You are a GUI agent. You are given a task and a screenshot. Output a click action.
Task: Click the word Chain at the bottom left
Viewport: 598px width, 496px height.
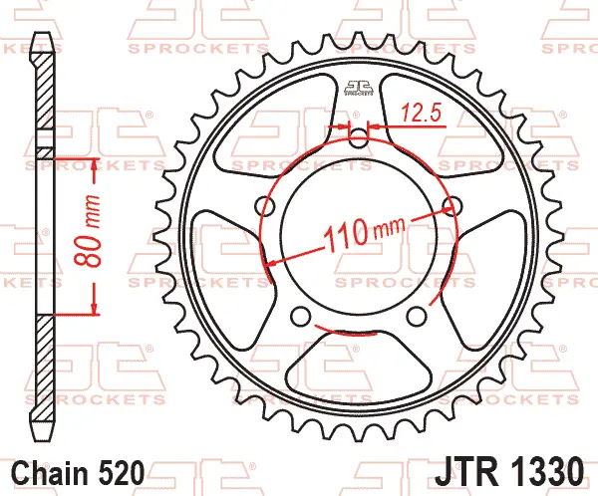[52, 470]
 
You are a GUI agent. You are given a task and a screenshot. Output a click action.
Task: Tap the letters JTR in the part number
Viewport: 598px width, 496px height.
[460, 469]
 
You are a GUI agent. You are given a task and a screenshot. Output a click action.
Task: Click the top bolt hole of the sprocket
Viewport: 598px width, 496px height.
[357, 136]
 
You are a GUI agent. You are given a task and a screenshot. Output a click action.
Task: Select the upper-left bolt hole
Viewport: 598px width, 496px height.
[264, 205]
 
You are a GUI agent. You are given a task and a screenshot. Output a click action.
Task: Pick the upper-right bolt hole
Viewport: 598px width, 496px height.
[450, 206]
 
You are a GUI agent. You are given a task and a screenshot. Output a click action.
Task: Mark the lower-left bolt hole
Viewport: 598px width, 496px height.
[300, 317]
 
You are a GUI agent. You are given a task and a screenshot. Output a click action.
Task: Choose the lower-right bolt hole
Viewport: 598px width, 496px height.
[415, 317]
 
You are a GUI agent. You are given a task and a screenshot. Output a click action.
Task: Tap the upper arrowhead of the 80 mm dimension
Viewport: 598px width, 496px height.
[94, 162]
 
